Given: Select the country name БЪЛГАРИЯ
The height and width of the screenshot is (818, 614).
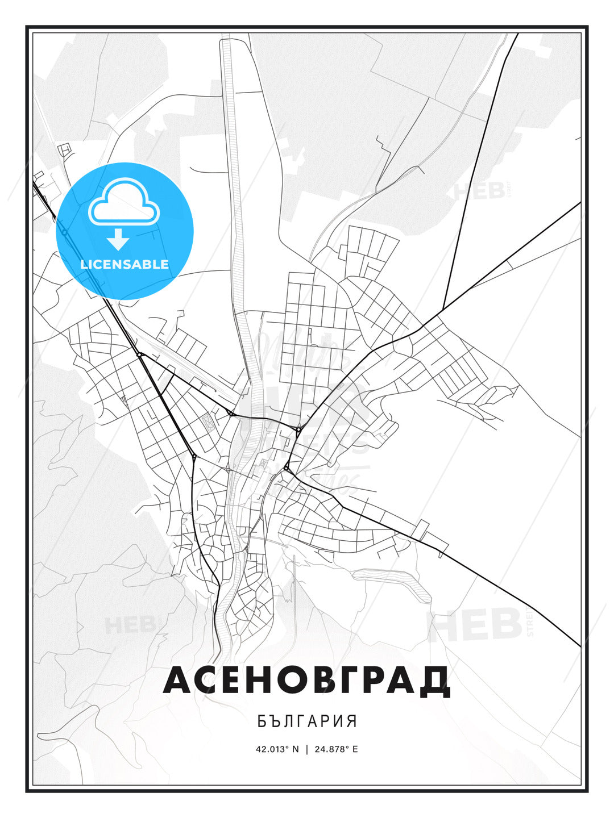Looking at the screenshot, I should pyautogui.click(x=307, y=721).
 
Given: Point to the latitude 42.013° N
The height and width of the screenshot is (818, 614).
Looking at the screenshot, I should pyautogui.click(x=277, y=749).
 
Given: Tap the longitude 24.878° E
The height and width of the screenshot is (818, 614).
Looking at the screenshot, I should pyautogui.click(x=337, y=749).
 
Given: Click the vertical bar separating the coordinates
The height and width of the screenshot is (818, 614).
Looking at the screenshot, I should pyautogui.click(x=307, y=749).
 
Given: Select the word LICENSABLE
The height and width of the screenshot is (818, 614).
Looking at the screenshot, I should pyautogui.click(x=125, y=264).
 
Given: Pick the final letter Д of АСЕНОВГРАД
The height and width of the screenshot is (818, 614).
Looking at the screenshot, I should pyautogui.click(x=434, y=682).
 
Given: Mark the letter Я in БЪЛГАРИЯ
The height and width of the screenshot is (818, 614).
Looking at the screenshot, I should pyautogui.click(x=352, y=721).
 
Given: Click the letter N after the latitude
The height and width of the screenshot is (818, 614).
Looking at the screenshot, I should pyautogui.click(x=295, y=749).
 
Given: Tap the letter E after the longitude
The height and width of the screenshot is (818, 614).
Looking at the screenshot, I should pyautogui.click(x=355, y=749).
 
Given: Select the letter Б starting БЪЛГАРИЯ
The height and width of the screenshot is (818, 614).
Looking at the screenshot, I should pyautogui.click(x=262, y=721).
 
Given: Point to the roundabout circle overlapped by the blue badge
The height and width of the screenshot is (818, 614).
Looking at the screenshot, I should pyautogui.click(x=65, y=232).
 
